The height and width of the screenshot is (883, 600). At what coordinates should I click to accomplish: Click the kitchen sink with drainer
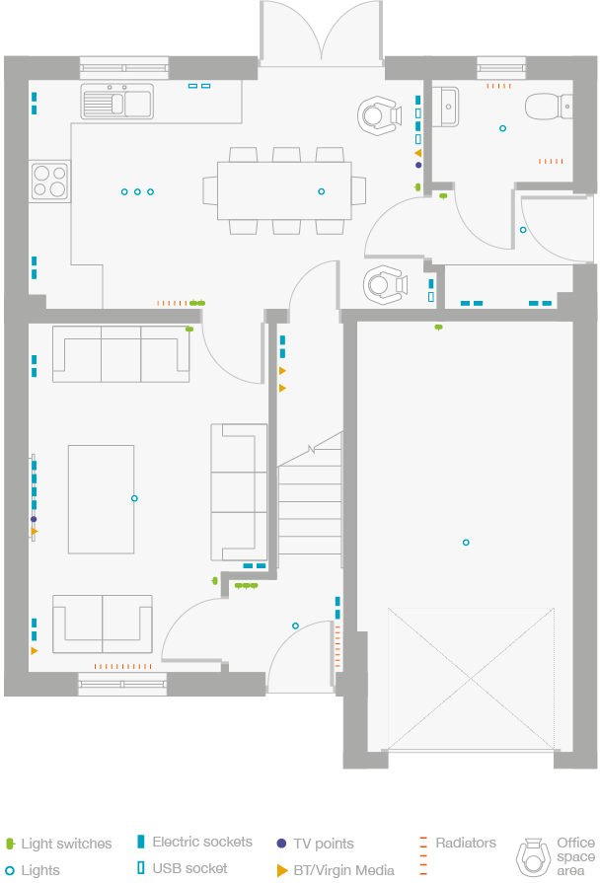[x=117, y=102]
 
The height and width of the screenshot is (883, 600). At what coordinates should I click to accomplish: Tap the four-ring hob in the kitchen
[x=49, y=182]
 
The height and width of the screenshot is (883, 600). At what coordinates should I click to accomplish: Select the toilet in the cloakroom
[x=549, y=107]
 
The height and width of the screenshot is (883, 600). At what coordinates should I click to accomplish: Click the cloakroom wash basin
[x=446, y=107]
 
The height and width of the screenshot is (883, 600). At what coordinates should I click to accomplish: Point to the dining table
[x=284, y=190]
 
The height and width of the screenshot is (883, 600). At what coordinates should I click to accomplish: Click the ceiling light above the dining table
[x=321, y=191]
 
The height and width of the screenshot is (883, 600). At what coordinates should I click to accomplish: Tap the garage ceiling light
[x=466, y=543]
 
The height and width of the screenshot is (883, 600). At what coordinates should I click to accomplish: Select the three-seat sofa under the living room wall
[x=120, y=354]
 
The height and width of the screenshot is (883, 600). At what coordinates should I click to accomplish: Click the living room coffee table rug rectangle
[x=101, y=499]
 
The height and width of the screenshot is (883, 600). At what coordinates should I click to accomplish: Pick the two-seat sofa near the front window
[x=102, y=624]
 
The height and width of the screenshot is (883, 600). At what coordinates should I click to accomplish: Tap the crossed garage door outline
[x=471, y=679]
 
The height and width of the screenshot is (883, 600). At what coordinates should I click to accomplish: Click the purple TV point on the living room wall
[x=34, y=519]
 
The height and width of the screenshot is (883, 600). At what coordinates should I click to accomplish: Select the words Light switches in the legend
[x=66, y=844]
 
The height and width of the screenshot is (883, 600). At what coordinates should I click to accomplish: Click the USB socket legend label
[x=189, y=868]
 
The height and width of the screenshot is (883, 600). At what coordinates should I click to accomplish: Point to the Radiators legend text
[x=466, y=843]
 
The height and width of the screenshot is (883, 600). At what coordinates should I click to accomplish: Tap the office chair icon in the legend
[x=533, y=857]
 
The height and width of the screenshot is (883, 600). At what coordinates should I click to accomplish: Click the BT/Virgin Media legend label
[x=343, y=870]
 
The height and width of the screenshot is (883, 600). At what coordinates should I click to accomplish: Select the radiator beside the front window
[x=122, y=666]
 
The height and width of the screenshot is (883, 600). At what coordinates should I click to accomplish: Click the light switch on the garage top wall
[x=438, y=327]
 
